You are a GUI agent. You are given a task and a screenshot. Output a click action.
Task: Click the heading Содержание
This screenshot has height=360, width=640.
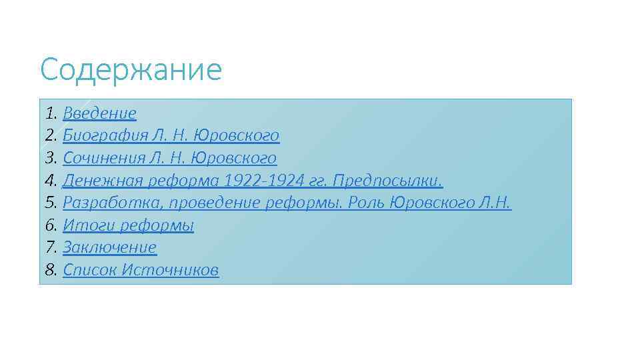tap(131, 70)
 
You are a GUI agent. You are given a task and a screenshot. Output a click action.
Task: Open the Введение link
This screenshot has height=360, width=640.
tap(99, 113)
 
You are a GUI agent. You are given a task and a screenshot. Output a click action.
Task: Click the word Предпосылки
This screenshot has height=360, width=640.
tap(387, 181)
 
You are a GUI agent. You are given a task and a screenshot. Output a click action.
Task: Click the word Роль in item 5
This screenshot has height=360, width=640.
tap(367, 203)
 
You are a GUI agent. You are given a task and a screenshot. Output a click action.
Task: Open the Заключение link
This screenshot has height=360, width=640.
tap(109, 247)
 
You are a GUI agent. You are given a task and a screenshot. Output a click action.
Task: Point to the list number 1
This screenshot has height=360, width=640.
tap(51, 113)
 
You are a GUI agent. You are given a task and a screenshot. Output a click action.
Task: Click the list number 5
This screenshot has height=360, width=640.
tap(51, 203)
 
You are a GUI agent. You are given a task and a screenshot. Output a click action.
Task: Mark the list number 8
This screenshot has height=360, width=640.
tap(51, 270)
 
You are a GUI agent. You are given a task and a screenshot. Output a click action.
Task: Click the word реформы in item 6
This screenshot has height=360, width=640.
tap(157, 225)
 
